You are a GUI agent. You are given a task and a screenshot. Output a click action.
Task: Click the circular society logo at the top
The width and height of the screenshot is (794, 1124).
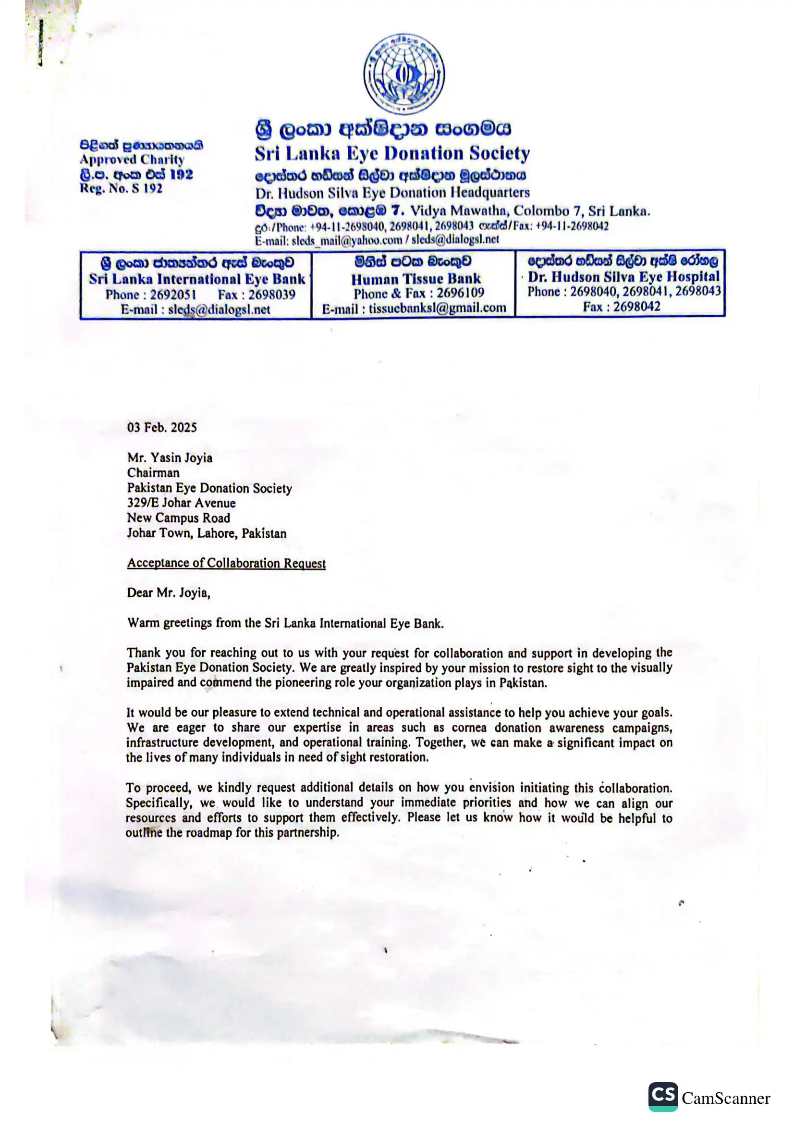[403, 74]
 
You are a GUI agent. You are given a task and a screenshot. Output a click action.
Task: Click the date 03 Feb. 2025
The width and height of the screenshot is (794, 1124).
[162, 427]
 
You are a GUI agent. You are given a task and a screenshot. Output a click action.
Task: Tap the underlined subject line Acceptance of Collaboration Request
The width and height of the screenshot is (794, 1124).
[226, 563]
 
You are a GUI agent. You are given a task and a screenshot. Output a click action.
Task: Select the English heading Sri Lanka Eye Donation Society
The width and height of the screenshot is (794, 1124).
[392, 154]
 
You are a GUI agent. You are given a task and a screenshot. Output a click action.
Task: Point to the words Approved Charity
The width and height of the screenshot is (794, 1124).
[132, 160]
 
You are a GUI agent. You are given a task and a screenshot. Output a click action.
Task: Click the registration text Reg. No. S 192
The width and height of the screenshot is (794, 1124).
[121, 188]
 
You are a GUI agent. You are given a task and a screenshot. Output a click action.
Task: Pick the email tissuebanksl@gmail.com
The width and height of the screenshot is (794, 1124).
[438, 309]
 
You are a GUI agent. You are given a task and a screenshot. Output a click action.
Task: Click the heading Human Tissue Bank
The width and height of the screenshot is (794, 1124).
[416, 279]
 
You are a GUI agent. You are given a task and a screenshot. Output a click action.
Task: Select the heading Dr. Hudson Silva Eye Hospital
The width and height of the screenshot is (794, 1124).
[623, 277]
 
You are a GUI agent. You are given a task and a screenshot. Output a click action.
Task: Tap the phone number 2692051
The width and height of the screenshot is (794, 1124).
[173, 295]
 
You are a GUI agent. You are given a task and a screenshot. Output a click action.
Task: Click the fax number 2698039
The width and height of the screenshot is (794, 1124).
[271, 295]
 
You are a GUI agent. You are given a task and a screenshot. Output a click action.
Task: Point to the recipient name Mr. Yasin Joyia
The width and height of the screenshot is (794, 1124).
[170, 458]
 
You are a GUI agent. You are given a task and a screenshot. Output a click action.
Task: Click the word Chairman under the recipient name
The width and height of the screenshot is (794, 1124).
[153, 473]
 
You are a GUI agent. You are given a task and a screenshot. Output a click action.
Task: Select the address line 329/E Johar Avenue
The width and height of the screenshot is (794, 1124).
[181, 503]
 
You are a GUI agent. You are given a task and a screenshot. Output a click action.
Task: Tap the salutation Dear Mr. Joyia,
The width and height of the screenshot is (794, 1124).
[168, 593]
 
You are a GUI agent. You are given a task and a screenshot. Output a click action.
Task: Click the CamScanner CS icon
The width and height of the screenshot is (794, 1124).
[662, 1096]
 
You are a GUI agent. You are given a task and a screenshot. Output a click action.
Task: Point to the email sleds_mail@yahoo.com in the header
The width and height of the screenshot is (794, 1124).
[347, 240]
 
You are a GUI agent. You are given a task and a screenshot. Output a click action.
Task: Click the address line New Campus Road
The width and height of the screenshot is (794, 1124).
[178, 518]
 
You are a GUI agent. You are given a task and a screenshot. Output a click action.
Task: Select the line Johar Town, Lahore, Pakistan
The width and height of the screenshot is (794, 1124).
[207, 533]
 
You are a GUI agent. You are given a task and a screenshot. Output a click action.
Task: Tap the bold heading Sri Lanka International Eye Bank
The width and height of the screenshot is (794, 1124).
[196, 279]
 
